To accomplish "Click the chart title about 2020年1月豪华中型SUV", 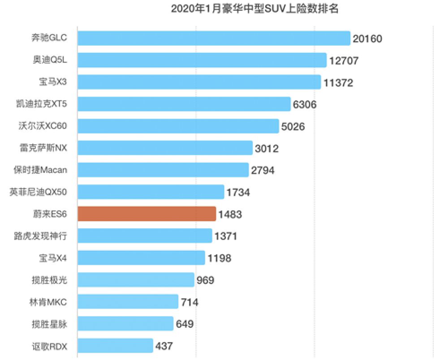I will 254,9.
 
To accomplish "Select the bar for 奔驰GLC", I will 214,38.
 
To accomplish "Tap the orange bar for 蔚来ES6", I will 147,214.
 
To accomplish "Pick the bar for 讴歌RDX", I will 115,346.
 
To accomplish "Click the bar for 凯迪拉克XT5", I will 184,104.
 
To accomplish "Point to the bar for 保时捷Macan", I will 163,170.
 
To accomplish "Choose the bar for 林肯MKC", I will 128,302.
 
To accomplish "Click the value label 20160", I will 367,39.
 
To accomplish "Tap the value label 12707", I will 344,60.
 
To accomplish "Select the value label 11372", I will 338,82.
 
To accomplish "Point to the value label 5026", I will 293,126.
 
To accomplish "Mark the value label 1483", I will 230,214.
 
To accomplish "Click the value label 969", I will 206,280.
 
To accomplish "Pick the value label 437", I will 164,346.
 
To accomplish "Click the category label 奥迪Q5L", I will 53,60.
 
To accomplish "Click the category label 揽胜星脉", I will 53,323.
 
